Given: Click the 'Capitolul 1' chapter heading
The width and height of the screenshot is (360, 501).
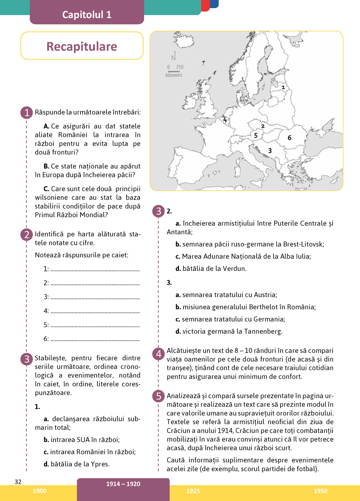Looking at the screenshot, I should pyautogui.click(x=87, y=14).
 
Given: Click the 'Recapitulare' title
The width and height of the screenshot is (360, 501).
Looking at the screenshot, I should pyautogui.click(x=82, y=46).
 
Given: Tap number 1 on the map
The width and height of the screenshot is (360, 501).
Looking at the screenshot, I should pyautogui.click(x=283, y=87).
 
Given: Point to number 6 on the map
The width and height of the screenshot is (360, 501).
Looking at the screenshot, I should pyautogui.click(x=289, y=138).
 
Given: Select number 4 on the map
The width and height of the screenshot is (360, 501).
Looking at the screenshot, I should pyautogui.click(x=225, y=120).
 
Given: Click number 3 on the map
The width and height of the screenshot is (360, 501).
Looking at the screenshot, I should pyautogui.click(x=270, y=151).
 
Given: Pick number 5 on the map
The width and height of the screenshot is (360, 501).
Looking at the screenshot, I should pyautogui.click(x=256, y=135).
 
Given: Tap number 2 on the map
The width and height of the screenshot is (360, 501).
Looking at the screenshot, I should pyautogui.click(x=263, y=126).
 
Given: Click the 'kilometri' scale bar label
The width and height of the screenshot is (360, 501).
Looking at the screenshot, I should pyautogui.click(x=174, y=75).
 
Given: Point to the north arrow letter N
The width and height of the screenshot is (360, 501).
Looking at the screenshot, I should pyautogui.click(x=173, y=57).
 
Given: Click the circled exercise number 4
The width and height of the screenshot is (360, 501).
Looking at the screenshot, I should pyautogui.click(x=159, y=354).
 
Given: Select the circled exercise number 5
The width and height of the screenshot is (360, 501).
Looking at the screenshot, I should pyautogui.click(x=159, y=396).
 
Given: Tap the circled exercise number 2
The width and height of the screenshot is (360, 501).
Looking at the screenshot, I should pyautogui.click(x=27, y=235).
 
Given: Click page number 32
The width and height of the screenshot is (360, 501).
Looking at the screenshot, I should pyautogui.click(x=18, y=482).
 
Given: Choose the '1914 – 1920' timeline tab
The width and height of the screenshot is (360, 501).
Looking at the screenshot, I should pyautogui.click(x=123, y=484).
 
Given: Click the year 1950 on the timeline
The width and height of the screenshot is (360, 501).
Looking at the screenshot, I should pyautogui.click(x=320, y=491).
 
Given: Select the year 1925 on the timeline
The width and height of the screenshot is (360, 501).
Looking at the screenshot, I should pyautogui.click(x=193, y=491).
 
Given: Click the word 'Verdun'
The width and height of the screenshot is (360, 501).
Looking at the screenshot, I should pyautogui.click(x=234, y=268).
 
